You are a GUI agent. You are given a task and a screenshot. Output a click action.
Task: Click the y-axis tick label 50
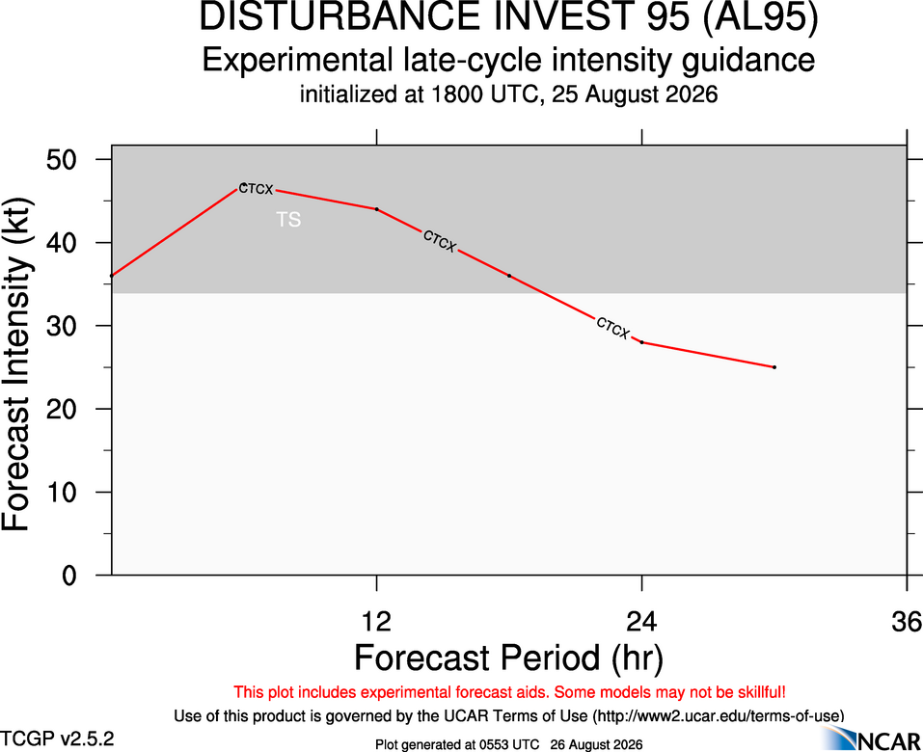62,159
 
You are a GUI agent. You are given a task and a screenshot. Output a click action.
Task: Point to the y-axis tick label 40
62,242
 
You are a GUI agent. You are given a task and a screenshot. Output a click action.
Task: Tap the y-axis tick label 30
62,326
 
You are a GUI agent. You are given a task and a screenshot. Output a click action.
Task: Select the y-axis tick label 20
62,409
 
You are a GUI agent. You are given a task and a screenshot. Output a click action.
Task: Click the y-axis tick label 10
62,492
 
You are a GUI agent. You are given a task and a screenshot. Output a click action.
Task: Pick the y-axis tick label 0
69,575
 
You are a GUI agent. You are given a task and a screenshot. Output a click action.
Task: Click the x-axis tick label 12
377,622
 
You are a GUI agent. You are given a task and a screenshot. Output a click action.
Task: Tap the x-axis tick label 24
641,622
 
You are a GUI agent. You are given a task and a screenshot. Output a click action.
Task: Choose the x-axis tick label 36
907,622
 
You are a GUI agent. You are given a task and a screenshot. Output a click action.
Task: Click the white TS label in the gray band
289,220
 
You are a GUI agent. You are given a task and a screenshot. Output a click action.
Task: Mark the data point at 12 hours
377,209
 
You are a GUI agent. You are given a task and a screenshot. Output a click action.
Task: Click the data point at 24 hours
641,342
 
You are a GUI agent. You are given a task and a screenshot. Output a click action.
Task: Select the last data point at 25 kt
774,367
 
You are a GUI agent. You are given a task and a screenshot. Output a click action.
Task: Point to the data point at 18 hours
509,276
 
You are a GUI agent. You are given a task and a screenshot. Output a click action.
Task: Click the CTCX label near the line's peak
256,189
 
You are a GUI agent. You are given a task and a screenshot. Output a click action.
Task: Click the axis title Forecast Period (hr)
508,658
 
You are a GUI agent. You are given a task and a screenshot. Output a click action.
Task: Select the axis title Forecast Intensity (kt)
16,364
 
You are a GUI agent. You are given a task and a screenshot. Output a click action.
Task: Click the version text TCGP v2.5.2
57,739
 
